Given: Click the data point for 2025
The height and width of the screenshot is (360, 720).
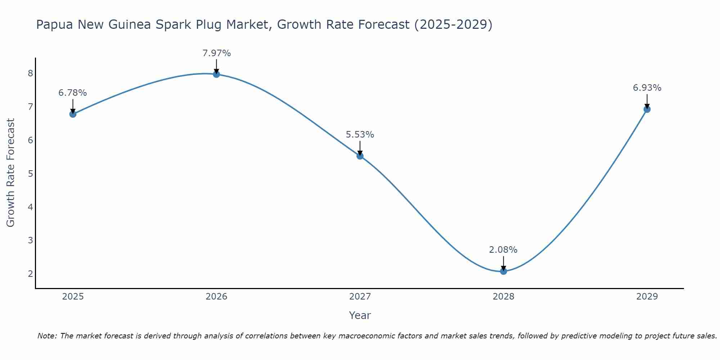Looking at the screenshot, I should [73, 114].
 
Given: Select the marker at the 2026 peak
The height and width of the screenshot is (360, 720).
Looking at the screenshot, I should [216, 74].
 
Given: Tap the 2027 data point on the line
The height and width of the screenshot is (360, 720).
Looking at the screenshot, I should [360, 156].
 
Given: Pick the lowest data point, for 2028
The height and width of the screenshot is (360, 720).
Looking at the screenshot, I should [503, 271].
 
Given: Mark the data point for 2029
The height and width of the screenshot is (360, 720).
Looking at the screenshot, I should [647, 109].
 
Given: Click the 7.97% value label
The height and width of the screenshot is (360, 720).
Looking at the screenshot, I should [216, 53].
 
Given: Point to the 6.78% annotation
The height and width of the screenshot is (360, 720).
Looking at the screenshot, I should [73, 93].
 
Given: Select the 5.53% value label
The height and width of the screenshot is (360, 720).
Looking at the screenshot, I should [360, 135].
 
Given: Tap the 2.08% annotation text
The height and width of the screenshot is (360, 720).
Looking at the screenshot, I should [503, 250].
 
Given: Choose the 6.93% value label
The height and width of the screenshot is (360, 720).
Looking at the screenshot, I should [647, 88].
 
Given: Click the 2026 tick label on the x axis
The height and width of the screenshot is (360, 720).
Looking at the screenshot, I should [216, 297].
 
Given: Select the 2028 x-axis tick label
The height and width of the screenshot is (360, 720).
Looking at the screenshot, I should [503, 297].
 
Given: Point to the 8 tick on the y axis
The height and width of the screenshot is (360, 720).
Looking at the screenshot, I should [30, 73].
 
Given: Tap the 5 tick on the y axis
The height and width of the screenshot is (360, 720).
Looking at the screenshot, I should [30, 174].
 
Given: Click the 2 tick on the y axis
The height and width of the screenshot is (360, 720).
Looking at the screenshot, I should [30, 274].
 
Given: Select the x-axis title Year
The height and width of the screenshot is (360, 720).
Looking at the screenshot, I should [360, 315].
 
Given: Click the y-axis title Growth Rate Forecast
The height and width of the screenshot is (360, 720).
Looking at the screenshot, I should [11, 173].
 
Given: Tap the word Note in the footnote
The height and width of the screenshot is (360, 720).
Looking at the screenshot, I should [47, 336].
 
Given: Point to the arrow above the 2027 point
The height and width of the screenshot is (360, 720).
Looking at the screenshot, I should [360, 148].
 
